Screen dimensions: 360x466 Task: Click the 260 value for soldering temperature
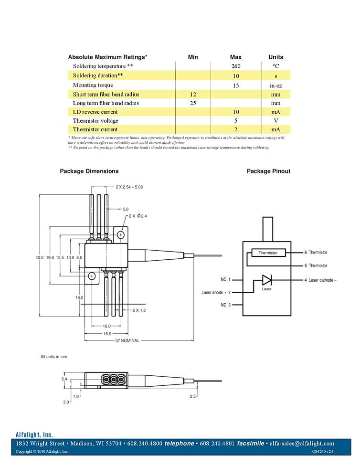point(236,66)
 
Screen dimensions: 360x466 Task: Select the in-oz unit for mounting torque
point(275,85)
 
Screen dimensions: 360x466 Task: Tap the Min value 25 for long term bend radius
point(193,103)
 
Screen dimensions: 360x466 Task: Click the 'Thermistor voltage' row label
point(95,121)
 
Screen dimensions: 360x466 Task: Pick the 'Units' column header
point(275,57)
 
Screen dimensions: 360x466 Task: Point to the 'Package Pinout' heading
point(268,171)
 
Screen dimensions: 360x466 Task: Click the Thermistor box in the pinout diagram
point(268,253)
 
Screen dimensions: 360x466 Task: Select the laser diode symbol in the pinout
point(266,280)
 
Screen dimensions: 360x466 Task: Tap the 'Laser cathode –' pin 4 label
point(320,280)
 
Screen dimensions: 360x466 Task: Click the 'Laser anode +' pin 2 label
point(216,292)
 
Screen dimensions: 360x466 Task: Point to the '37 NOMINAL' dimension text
point(127,340)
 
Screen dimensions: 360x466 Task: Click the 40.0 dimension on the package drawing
point(39,258)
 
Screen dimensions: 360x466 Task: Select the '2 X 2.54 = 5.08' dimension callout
point(129,187)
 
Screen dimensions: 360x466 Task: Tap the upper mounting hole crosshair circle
point(121,235)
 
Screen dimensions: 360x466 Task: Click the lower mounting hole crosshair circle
point(92,276)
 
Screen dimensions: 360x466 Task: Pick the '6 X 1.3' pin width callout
point(139,310)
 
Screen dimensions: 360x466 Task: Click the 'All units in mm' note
point(54,357)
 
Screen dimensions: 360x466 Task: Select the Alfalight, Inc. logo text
point(34,435)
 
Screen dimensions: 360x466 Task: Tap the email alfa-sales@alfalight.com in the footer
point(302,444)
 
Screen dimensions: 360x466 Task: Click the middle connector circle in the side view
point(114,379)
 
